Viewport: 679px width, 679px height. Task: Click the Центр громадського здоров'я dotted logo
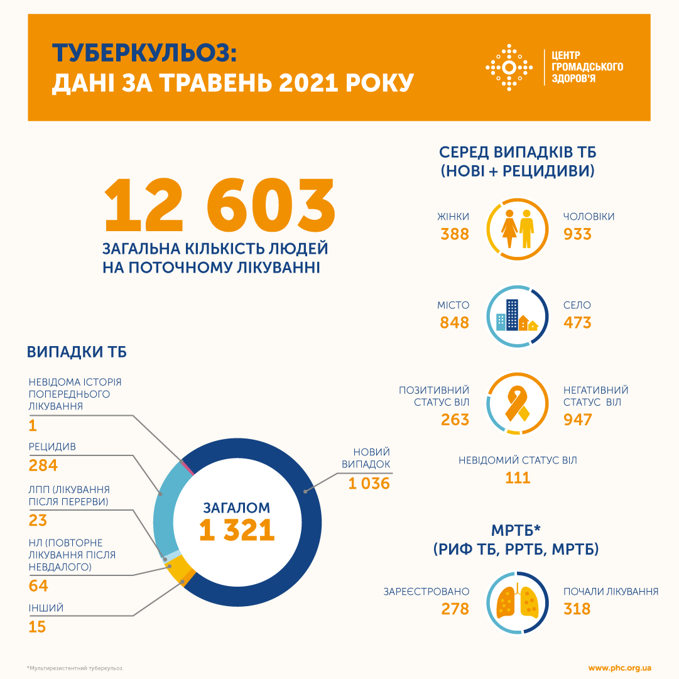(x=509, y=67)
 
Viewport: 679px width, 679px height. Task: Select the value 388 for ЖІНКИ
(x=455, y=234)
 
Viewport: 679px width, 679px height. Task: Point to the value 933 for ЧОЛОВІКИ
(x=577, y=234)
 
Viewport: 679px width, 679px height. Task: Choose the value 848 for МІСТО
(x=455, y=323)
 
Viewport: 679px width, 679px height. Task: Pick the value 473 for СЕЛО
(x=577, y=323)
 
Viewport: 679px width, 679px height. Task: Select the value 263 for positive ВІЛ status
(x=455, y=420)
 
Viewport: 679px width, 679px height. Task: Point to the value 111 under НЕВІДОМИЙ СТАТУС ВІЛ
(x=518, y=478)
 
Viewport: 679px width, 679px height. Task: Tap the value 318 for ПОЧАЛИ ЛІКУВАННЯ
(x=577, y=609)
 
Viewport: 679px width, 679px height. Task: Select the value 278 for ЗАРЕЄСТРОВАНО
(x=455, y=609)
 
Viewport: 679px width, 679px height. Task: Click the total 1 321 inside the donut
(x=237, y=531)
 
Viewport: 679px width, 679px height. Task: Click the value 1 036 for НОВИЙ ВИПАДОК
(x=369, y=484)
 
